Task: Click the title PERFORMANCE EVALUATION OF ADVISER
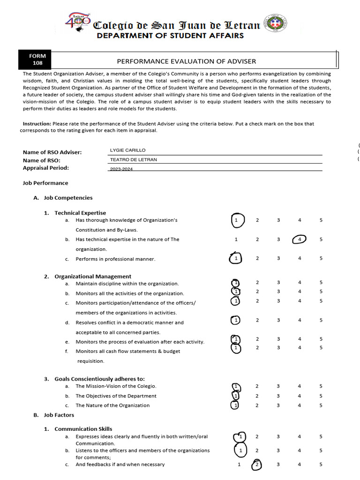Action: click(x=186, y=61)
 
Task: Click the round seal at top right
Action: click(x=276, y=24)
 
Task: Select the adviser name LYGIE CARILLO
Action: click(x=127, y=150)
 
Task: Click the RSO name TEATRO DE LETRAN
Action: click(x=133, y=159)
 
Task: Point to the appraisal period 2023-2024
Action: click(x=121, y=169)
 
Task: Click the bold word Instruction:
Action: click(x=37, y=124)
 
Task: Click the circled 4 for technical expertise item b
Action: click(x=300, y=240)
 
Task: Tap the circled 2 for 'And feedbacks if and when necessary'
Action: click(x=257, y=465)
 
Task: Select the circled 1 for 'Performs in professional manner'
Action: click(x=236, y=259)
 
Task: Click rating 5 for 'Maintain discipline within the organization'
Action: click(x=321, y=283)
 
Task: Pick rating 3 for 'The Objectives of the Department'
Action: click(x=278, y=396)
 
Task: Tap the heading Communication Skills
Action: click(x=83, y=429)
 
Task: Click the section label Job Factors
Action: click(x=59, y=415)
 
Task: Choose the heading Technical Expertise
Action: click(x=80, y=213)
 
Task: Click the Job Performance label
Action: click(x=45, y=183)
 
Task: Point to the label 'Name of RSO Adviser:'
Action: click(x=52, y=152)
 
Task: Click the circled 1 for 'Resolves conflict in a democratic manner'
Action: click(x=236, y=320)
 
